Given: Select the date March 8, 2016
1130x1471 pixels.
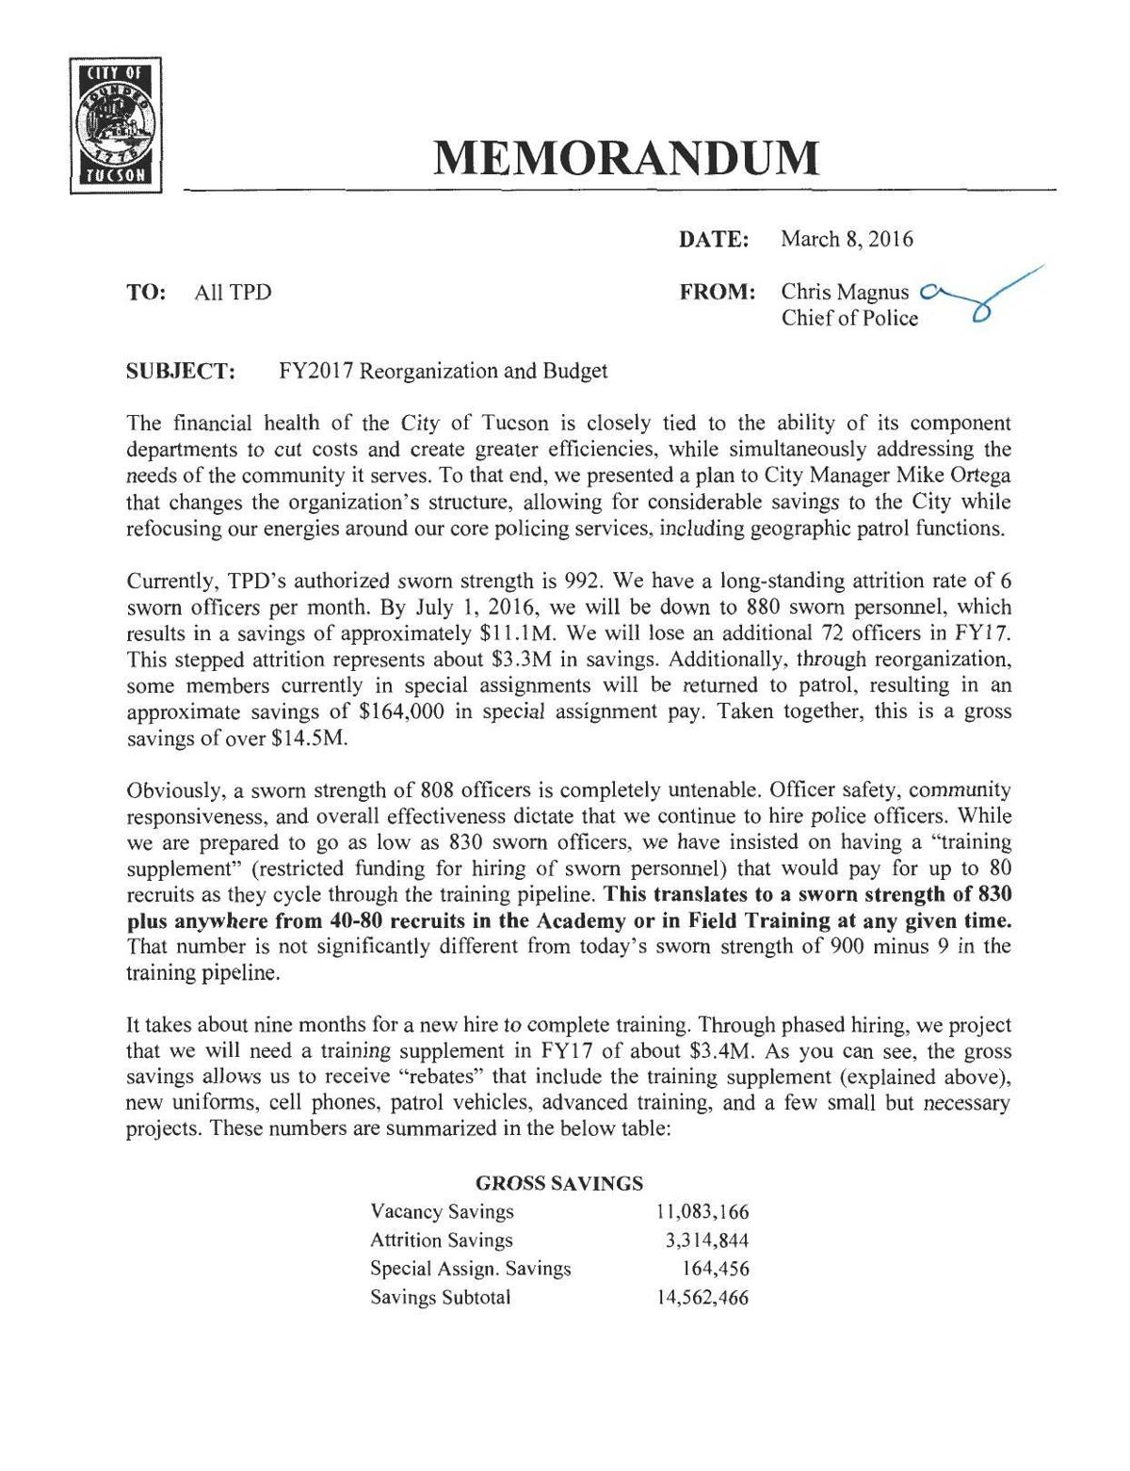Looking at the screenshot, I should pos(847,239).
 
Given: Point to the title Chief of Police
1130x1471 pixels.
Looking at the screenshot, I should pos(848,318).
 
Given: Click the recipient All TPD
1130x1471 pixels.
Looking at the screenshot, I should pos(233,293).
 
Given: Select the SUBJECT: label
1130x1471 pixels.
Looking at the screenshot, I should pos(181,371).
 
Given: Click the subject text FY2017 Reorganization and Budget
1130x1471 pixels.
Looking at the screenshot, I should pos(443,371).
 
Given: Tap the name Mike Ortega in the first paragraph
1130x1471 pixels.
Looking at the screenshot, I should pos(960,476).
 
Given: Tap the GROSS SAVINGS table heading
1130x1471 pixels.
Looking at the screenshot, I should pos(559,1183).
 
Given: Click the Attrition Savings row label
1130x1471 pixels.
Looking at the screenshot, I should pos(442,1240).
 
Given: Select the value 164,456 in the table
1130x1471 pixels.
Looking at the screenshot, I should pos(715,1269).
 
